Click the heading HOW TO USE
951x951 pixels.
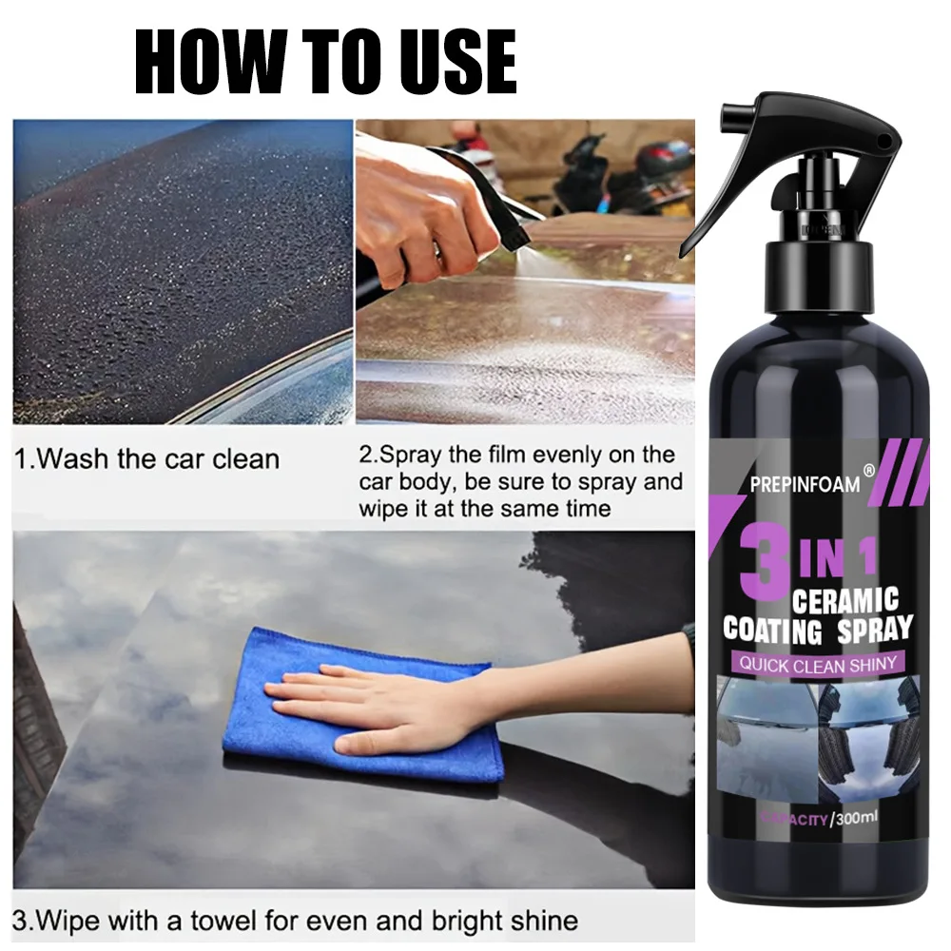(x=325, y=62)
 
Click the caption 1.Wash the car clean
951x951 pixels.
(x=147, y=460)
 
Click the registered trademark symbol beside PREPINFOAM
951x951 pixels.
(x=866, y=469)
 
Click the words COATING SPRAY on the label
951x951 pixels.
(x=817, y=629)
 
